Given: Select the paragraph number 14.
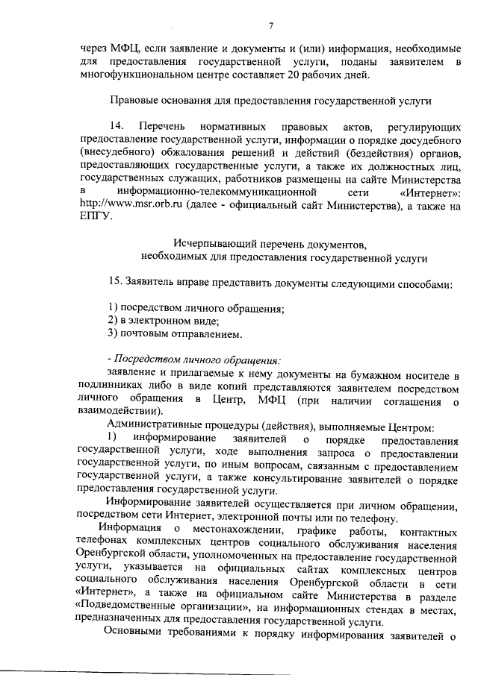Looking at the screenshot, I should [117, 126].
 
